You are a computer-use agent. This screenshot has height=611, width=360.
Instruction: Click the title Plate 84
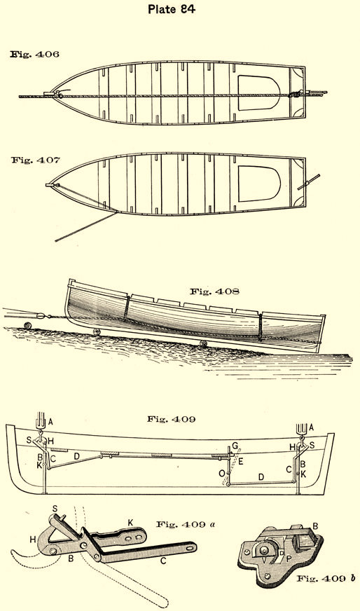point(172,9)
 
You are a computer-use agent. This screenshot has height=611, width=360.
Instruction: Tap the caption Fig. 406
point(35,54)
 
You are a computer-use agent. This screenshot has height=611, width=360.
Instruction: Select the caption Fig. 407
point(36,160)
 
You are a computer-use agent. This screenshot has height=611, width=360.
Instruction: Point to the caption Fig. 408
point(214,291)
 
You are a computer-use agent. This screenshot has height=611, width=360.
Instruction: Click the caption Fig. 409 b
point(326,579)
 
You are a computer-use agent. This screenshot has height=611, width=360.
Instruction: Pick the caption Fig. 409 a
point(186,524)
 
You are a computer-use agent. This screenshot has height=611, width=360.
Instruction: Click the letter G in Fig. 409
point(235,446)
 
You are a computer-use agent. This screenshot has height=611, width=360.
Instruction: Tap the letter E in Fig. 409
point(241,462)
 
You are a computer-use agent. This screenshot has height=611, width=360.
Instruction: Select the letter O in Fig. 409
point(222,473)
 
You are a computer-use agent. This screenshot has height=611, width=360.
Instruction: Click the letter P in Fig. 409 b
point(289,558)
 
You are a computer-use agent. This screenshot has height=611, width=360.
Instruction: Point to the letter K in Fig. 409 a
point(130,523)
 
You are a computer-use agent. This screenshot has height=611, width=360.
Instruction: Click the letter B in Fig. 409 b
point(315,526)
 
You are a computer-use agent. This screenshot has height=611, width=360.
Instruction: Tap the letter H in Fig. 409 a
point(32,540)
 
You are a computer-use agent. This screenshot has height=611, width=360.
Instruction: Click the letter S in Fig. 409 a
point(55,509)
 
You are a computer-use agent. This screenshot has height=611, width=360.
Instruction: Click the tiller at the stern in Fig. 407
point(309,181)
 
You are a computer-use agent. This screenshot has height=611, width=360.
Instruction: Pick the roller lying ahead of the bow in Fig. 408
point(27,325)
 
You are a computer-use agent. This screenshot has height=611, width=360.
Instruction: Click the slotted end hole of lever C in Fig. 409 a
point(189,547)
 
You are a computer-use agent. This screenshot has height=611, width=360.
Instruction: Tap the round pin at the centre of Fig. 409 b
point(265,550)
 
